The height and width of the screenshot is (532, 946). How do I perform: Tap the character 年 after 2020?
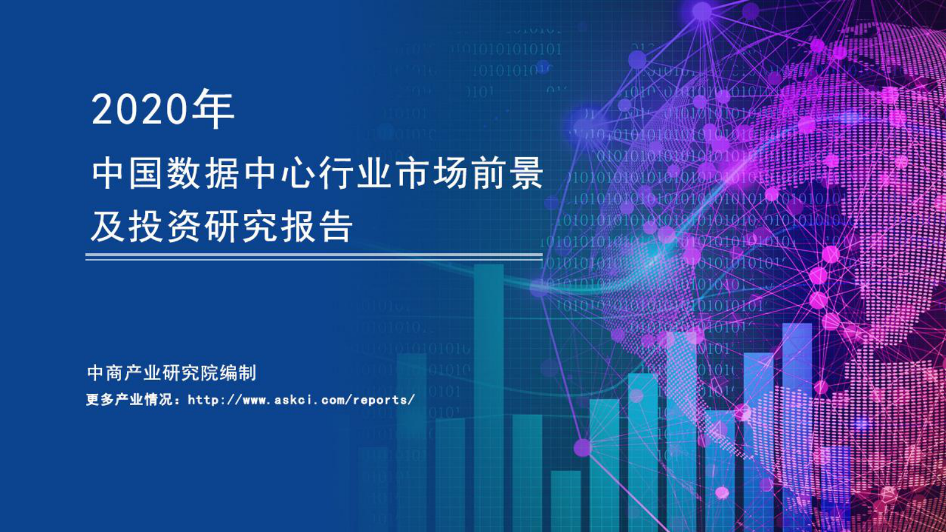click(214, 109)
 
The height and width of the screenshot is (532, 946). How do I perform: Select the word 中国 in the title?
click(128, 174)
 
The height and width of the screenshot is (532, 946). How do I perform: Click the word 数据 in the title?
click(204, 174)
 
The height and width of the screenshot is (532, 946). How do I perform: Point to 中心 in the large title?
click(279, 174)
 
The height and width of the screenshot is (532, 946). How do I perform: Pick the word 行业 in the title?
click(355, 174)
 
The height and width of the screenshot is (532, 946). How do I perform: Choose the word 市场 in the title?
click(430, 174)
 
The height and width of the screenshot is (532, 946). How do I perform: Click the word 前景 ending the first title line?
click(506, 174)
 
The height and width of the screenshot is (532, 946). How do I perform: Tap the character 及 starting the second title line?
click(108, 227)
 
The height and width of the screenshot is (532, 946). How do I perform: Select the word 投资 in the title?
click(165, 227)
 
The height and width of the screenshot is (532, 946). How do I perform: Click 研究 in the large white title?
click(241, 227)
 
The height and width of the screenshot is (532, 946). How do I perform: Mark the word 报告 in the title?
click(317, 227)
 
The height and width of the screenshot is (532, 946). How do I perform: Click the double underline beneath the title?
click(314, 257)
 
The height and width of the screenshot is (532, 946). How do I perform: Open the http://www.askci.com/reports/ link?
click(301, 400)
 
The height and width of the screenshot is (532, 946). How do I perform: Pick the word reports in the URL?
click(381, 400)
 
